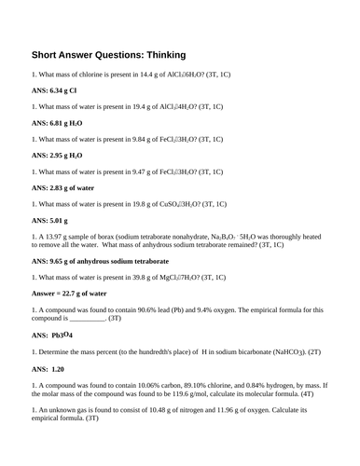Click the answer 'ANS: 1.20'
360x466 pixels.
coord(52,369)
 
